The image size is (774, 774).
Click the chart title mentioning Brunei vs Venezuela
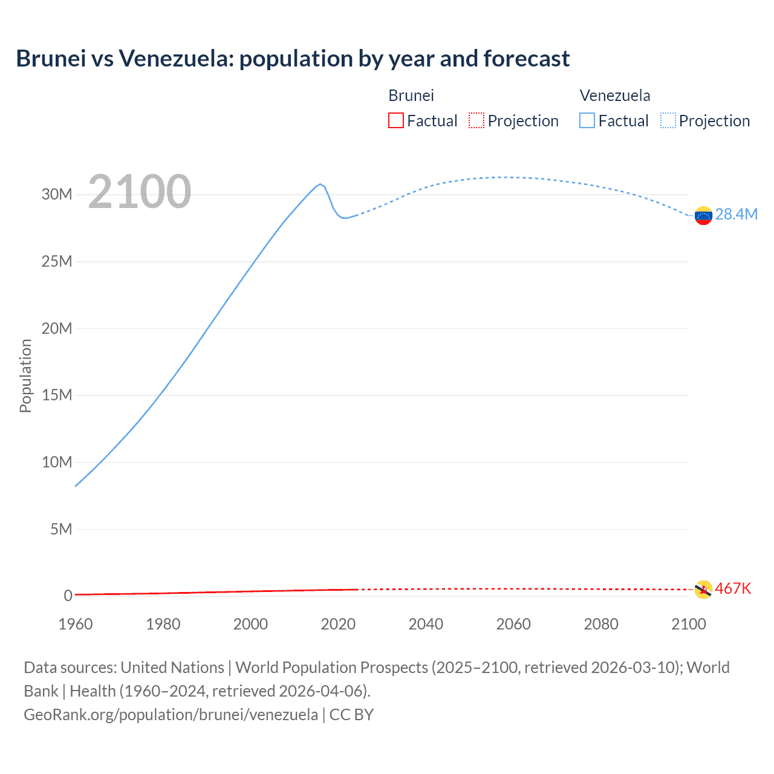point(293,59)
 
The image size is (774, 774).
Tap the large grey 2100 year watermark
point(140,192)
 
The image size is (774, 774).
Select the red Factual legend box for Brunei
point(395,120)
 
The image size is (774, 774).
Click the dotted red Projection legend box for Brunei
point(476,120)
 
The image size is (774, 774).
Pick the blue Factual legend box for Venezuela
point(587,120)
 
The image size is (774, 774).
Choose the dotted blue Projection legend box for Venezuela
point(668,120)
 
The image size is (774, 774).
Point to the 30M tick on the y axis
point(57,194)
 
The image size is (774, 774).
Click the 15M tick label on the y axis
point(57,395)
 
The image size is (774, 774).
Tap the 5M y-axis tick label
point(61,529)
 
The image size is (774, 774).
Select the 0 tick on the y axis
point(68,596)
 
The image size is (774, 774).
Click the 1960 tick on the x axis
point(76,624)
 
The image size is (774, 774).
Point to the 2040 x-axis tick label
point(426,624)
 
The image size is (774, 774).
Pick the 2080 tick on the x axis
point(601,624)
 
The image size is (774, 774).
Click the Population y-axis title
point(25,376)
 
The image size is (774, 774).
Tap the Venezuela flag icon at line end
point(703,215)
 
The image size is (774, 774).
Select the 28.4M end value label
point(736,215)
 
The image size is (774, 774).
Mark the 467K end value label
point(733,588)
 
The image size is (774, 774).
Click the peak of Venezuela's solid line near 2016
point(320,184)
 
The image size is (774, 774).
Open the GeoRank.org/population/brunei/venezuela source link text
point(171,714)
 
